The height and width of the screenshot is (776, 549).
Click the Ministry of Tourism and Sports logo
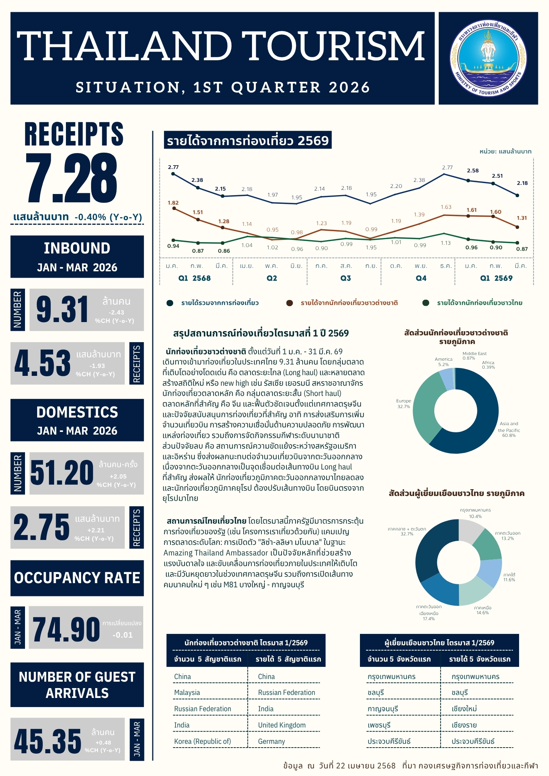click(488, 58)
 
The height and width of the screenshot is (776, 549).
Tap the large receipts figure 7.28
click(72, 178)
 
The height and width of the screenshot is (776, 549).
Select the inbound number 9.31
click(63, 310)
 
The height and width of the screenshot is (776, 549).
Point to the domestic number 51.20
click(62, 473)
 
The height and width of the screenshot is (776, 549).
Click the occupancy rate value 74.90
click(66, 629)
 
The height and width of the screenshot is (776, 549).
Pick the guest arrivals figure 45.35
click(48, 741)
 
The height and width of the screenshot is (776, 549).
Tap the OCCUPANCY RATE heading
click(77, 578)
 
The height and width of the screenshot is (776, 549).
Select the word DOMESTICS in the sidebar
click(77, 412)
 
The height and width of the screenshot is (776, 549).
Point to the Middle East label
click(474, 354)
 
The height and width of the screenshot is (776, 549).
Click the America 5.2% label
click(443, 361)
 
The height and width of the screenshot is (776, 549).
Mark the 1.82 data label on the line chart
click(173, 203)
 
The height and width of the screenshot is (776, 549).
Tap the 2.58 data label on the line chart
click(472, 171)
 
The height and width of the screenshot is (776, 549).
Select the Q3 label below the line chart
click(346, 278)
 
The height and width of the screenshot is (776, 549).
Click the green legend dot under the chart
click(426, 303)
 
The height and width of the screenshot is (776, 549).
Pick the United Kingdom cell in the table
click(282, 725)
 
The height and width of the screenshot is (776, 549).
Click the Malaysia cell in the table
click(187, 692)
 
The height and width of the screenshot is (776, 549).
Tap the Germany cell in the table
click(271, 741)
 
